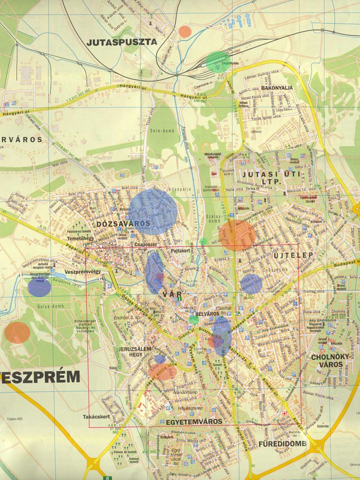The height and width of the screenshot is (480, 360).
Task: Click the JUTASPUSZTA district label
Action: point(121,42)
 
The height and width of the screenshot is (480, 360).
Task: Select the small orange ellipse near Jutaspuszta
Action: point(185,31)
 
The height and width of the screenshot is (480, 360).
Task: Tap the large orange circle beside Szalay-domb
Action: point(236,235)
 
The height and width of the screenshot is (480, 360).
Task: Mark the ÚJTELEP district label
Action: point(293,255)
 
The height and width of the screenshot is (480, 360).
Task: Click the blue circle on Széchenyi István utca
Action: point(251,283)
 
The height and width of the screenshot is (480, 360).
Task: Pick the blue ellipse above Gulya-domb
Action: point(39,286)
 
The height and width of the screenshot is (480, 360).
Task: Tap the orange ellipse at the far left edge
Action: point(17,332)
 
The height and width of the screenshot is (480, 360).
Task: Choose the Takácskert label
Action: point(95,416)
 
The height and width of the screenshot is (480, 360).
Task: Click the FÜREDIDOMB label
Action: point(278,444)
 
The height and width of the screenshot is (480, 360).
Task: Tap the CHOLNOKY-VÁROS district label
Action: point(327,360)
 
